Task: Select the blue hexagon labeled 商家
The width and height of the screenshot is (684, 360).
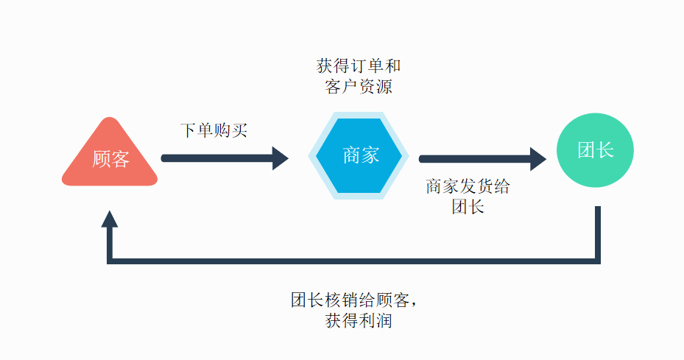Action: pos(361,156)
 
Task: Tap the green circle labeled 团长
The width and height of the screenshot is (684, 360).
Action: pos(595,150)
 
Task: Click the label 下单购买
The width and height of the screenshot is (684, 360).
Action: pos(214,131)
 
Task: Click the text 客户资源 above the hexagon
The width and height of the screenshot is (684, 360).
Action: pos(359,87)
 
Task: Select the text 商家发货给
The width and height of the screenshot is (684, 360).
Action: pos(468,186)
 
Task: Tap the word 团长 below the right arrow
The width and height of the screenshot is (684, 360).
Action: pos(468,207)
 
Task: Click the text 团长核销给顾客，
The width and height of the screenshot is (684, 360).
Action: pos(359,300)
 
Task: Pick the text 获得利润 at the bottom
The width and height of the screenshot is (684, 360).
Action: pos(359,322)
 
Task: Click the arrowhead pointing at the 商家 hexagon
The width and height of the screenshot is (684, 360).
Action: pos(281,158)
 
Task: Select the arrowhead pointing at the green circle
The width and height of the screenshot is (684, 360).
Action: pos(538,158)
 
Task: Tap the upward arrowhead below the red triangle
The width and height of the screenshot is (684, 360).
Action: pos(110,219)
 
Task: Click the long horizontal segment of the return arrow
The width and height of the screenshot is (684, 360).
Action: pos(353,260)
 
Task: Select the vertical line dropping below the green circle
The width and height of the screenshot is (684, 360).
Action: pos(597,232)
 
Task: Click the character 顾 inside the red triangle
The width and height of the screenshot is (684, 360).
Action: pos(101,158)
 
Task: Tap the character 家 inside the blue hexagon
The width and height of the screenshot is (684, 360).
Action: pos(370,155)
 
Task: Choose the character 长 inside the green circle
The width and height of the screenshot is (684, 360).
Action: pos(604,150)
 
